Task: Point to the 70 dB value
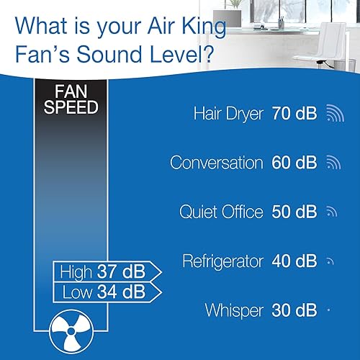[x=294, y=114]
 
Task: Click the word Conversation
[x=216, y=163]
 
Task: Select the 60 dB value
[x=294, y=163]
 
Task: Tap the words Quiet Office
[x=221, y=212]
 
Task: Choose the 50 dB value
[x=294, y=212]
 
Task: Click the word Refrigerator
[x=223, y=261]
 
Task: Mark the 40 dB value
[x=294, y=261]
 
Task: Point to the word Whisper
[x=235, y=310]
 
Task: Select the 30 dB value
[x=294, y=310]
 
